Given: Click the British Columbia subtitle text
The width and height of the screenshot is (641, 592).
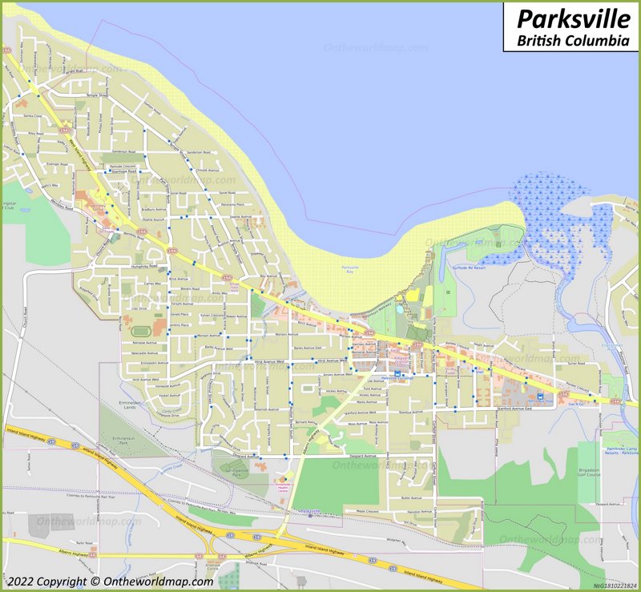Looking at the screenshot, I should coord(572,39).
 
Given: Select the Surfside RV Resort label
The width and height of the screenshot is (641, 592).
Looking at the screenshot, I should coord(470,268).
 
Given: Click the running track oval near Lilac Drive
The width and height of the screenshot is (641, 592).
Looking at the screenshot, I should coord(135,330).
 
